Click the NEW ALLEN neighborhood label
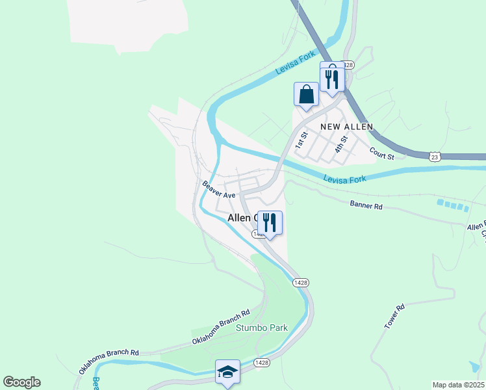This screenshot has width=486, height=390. click(346, 126)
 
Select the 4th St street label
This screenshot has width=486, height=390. click(341, 144)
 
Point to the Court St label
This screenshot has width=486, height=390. click(382, 154)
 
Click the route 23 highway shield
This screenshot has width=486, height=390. click(435, 157)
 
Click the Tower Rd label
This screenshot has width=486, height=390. click(394, 316)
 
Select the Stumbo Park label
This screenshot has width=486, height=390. click(262, 328)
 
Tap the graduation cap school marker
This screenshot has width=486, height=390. click(227, 372)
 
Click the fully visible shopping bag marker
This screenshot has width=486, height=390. click(307, 94)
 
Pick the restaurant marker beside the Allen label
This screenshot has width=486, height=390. click(270, 223)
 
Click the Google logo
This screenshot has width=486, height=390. click(21, 382)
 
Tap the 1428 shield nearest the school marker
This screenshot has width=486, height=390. click(261, 362)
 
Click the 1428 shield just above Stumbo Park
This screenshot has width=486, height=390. click(300, 282)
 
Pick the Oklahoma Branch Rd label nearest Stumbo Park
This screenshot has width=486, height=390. click(221, 328)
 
